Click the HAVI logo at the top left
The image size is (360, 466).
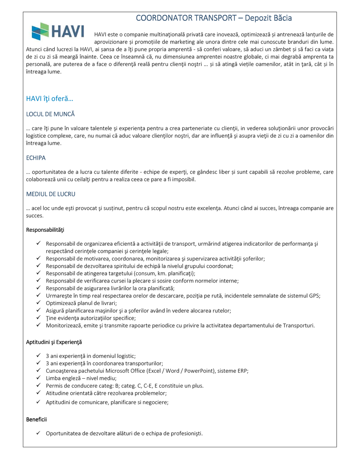[58, 31]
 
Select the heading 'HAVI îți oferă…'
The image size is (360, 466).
[50, 99]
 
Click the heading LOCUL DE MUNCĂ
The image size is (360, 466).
[50, 114]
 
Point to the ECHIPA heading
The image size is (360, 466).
[36, 158]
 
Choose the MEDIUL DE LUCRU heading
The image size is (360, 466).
[51, 194]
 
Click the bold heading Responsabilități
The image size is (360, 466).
[45, 230]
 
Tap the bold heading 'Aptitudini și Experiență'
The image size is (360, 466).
[54, 341]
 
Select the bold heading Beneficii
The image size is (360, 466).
[36, 419]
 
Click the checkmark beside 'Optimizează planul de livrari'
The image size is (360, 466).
[38, 302]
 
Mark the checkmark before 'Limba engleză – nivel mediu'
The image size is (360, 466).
[38, 378]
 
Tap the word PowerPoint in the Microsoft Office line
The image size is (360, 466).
[199, 371]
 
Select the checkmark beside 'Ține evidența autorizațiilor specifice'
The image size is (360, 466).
[38, 318]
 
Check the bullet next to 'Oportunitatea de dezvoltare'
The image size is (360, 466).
[38, 433]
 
